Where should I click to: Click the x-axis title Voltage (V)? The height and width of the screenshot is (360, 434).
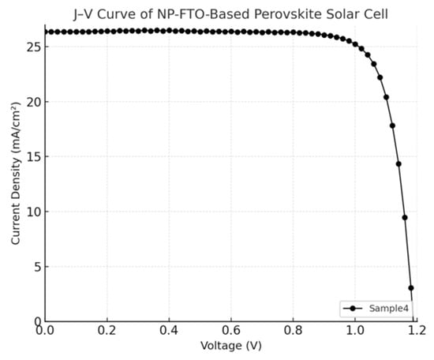pyautogui.click(x=231, y=346)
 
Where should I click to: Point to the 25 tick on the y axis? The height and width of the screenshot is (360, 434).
pyautogui.click(x=32, y=47)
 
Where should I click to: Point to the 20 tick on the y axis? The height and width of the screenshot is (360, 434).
pyautogui.click(x=32, y=102)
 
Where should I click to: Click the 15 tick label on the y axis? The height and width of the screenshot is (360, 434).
pyautogui.click(x=32, y=157)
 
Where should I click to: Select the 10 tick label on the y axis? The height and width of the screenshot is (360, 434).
pyautogui.click(x=32, y=212)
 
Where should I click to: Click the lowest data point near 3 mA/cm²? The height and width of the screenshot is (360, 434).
pyautogui.click(x=410, y=288)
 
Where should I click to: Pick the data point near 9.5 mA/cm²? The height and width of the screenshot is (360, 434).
pyautogui.click(x=405, y=217)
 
